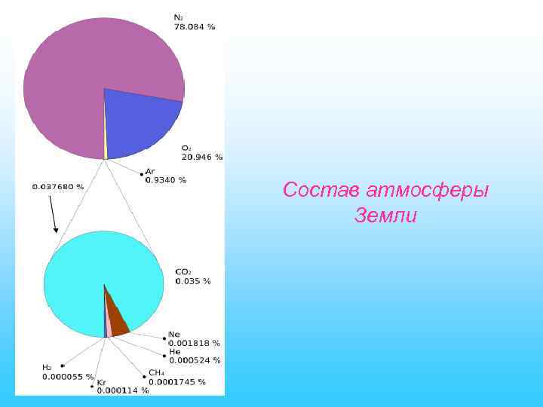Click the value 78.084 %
(x=195, y=27)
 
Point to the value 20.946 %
(x=202, y=157)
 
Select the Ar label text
(x=150, y=171)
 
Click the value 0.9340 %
(x=166, y=180)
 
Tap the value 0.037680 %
(x=57, y=186)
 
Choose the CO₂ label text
(x=183, y=271)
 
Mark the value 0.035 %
(x=193, y=281)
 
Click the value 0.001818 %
(x=194, y=343)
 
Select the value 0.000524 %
(x=194, y=360)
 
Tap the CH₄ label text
(x=156, y=372)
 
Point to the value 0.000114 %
(x=123, y=390)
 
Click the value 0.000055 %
(x=68, y=376)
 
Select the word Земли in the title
(x=385, y=216)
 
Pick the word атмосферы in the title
(x=428, y=191)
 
